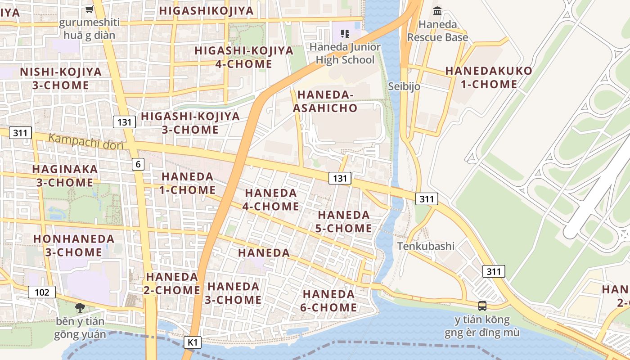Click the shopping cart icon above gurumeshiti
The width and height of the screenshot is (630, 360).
(90, 9)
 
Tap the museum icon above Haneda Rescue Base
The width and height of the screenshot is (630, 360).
(437, 11)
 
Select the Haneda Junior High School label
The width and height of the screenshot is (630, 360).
(345, 53)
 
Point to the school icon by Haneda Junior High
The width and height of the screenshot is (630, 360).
(345, 33)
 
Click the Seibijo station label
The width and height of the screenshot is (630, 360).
(404, 86)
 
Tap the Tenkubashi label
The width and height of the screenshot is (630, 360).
(426, 246)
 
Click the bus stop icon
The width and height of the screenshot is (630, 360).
(482, 306)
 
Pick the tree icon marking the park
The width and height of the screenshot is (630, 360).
(80, 308)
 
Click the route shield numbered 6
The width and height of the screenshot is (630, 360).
(138, 164)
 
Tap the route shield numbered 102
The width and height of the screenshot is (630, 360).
(42, 292)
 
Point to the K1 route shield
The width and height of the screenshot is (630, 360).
(193, 342)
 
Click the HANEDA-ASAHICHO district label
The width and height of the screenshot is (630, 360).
(325, 101)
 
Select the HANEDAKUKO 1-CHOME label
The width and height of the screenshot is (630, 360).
(489, 77)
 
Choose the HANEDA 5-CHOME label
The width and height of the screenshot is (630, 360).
(343, 222)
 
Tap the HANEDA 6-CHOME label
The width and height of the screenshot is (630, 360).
(329, 301)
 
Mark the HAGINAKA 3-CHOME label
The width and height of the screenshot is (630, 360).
(65, 176)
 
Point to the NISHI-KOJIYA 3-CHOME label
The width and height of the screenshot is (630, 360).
(61, 78)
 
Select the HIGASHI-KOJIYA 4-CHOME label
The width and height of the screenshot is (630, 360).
(244, 57)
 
